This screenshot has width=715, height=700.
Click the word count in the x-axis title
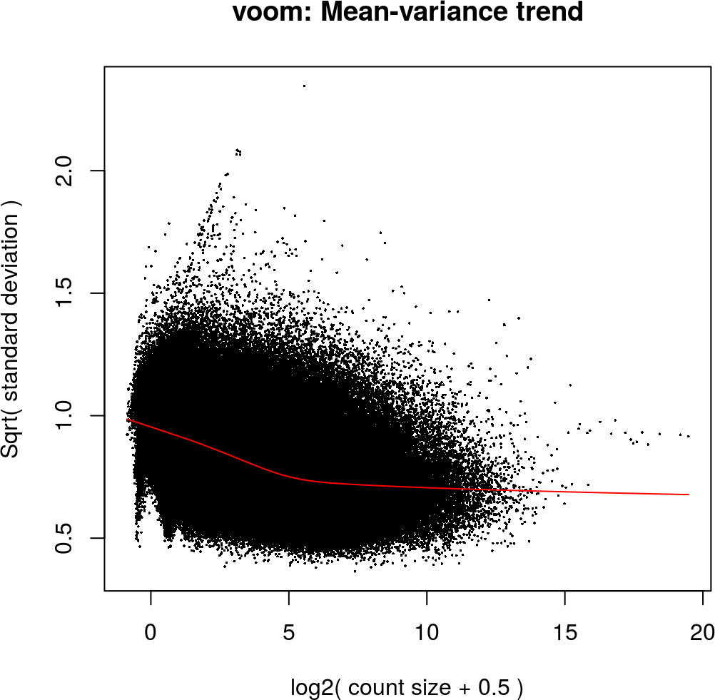(x=373, y=688)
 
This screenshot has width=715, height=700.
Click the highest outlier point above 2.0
(x=304, y=86)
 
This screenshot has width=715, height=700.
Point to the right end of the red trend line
(x=689, y=494)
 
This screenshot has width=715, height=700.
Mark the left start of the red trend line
(x=127, y=420)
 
